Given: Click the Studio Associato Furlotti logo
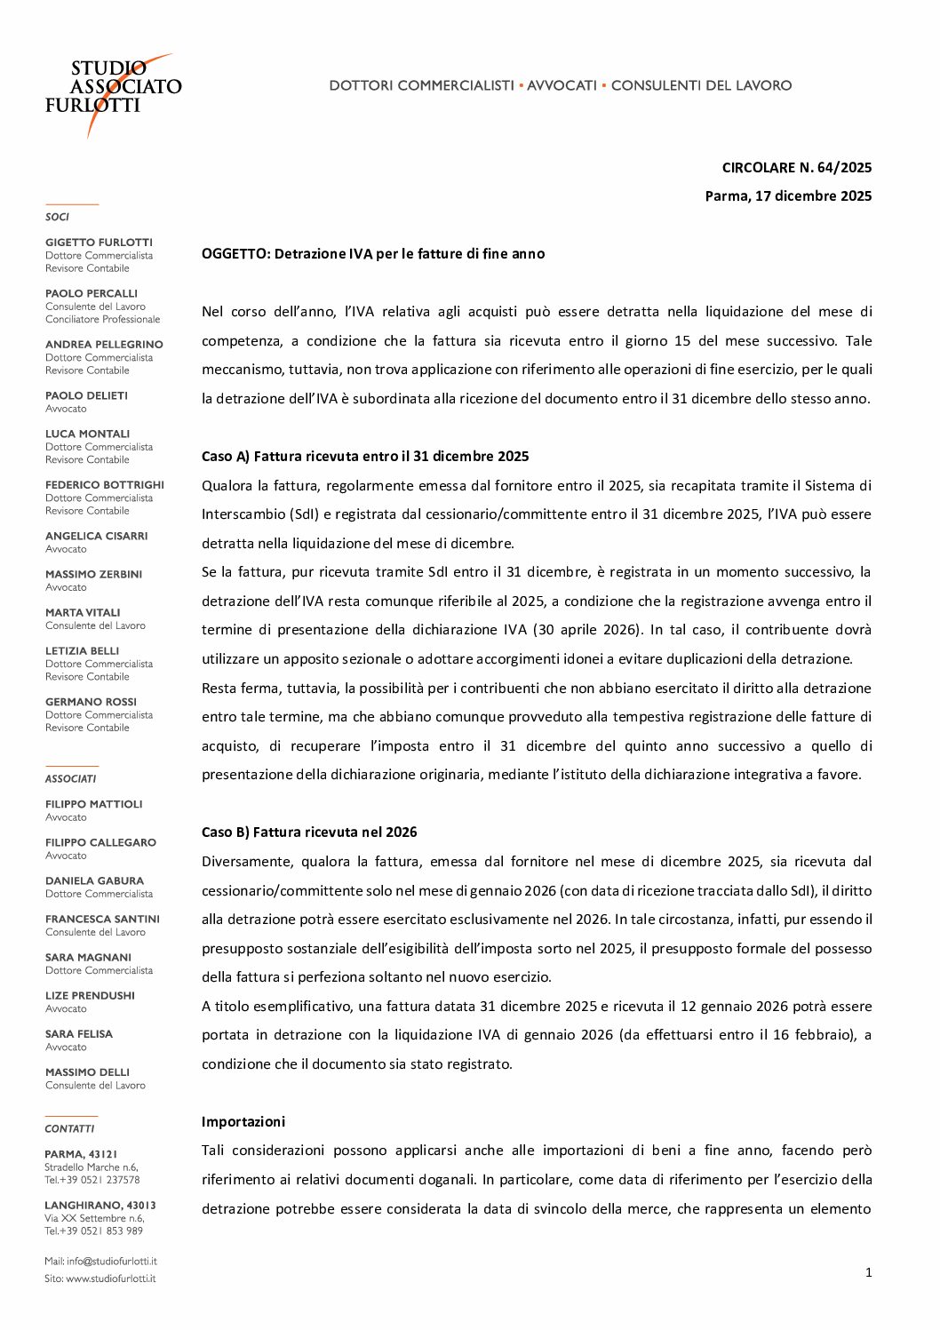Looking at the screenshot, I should [113, 92].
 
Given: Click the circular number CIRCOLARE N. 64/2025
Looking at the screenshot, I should [796, 167].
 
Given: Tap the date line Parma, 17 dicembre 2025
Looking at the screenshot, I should [788, 195].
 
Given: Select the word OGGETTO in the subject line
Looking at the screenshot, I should [235, 253].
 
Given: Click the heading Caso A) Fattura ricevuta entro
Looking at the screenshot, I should [365, 456].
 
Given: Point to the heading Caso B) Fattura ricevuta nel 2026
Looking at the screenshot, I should [309, 832].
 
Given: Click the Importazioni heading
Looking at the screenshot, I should [243, 1121].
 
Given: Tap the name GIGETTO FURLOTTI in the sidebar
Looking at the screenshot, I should [99, 242].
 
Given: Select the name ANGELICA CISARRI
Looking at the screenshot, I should [97, 536].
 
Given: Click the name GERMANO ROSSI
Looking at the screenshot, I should [91, 702].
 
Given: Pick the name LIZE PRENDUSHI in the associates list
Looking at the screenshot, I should [90, 995].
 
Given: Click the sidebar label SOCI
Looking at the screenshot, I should [57, 217].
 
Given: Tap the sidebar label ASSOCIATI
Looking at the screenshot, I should [70, 778].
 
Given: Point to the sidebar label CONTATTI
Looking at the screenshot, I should [69, 1128].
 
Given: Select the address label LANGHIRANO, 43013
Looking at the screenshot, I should [100, 1206].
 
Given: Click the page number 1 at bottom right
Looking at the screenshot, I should [868, 1272].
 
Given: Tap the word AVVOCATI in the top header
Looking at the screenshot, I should [562, 85].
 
